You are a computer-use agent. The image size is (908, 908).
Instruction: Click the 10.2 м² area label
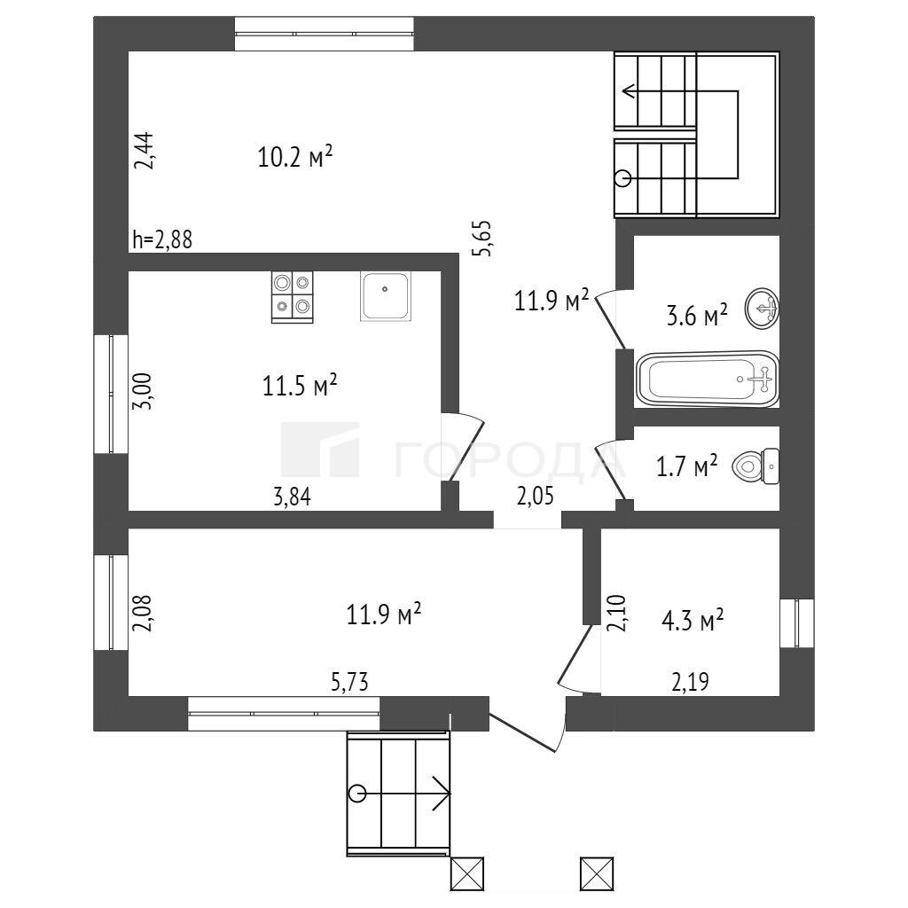point(294,156)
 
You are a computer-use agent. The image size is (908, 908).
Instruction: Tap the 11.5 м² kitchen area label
point(300,385)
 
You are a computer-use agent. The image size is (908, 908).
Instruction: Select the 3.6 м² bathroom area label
point(697,317)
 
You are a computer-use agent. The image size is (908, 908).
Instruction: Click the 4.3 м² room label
point(693,621)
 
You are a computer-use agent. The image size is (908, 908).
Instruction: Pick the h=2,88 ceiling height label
point(162,239)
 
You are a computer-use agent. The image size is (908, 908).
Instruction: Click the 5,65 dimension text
point(482,238)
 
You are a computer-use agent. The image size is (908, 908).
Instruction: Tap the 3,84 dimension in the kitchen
point(292,497)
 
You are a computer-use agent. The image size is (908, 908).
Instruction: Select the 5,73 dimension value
point(349,682)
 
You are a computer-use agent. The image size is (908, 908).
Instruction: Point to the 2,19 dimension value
point(690,682)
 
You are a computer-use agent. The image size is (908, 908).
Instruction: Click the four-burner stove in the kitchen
point(292,297)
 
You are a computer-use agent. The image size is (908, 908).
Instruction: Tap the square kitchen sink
point(385,296)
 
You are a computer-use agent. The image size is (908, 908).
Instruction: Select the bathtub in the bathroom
point(707,379)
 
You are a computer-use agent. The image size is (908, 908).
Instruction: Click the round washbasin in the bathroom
point(762,309)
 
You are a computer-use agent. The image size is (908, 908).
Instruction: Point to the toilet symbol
point(755,466)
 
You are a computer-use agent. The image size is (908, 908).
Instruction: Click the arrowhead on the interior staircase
point(629,91)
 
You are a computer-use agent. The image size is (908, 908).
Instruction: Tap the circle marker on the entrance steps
point(358,793)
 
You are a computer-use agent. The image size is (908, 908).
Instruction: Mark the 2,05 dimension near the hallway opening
point(535,497)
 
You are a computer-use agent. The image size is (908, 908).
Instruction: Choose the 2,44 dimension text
point(145,151)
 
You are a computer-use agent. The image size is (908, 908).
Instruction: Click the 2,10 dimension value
point(615,614)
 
